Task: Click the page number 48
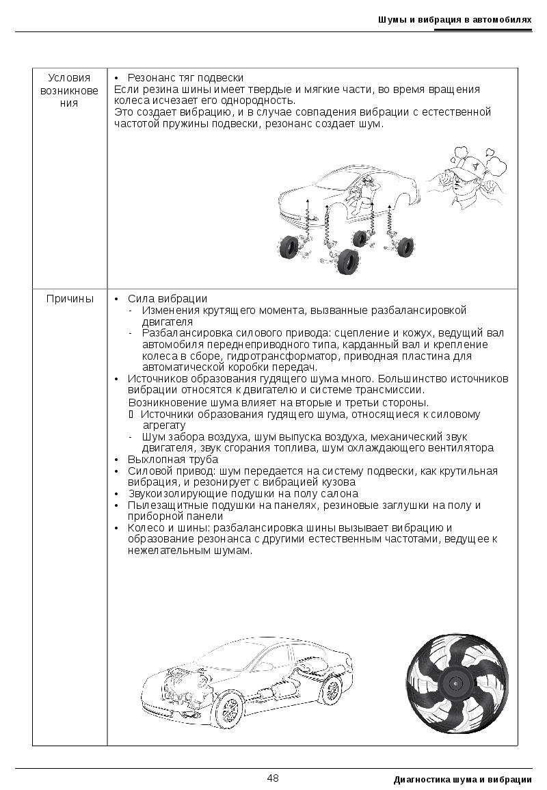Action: click(273, 778)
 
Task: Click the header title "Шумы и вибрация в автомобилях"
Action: click(455, 20)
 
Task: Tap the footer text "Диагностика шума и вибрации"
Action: click(462, 780)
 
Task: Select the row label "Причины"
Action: click(70, 299)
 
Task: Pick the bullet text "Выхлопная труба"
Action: click(172, 460)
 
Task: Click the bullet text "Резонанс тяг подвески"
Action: click(185, 78)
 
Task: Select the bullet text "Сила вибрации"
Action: click(167, 299)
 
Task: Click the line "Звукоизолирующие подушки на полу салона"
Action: click(243, 494)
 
